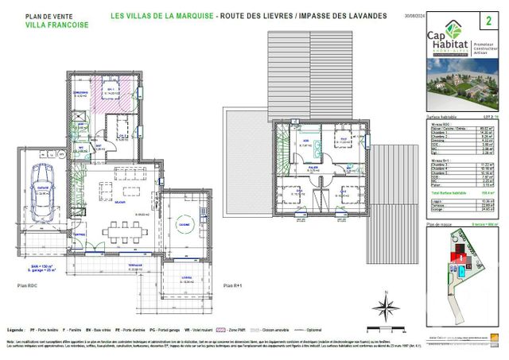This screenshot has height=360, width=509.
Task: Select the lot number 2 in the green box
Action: pos(487,17)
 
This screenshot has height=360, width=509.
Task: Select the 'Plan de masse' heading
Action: pos(439,226)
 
